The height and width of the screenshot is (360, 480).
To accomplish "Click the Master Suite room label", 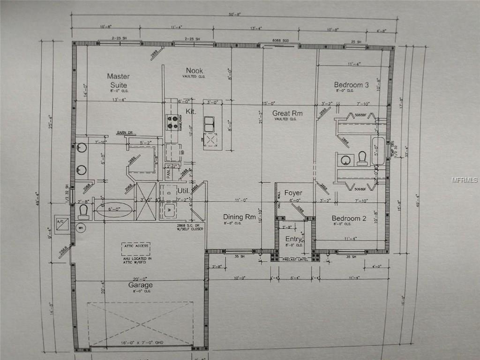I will click(118, 80).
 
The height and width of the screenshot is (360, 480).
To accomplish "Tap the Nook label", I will click(194, 71).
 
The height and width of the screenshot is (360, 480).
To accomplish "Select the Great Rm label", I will click(287, 113).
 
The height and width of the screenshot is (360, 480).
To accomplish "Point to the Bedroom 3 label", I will click(351, 85).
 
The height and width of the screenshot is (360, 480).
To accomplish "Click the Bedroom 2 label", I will click(349, 218).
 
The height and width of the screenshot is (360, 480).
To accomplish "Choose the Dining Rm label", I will click(239, 217).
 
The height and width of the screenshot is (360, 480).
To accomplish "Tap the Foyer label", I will click(293, 193).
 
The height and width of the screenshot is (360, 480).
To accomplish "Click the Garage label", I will click(141, 285).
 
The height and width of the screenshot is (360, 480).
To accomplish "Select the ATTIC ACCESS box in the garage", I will click(136, 246).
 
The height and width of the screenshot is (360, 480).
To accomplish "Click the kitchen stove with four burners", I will click(172, 122).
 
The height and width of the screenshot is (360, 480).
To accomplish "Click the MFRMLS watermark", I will click(465, 180).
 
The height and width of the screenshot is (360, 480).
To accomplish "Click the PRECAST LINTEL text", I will click(296, 259).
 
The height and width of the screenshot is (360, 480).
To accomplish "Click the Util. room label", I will click(183, 191).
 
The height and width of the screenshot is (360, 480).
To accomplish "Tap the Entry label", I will click(293, 240).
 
